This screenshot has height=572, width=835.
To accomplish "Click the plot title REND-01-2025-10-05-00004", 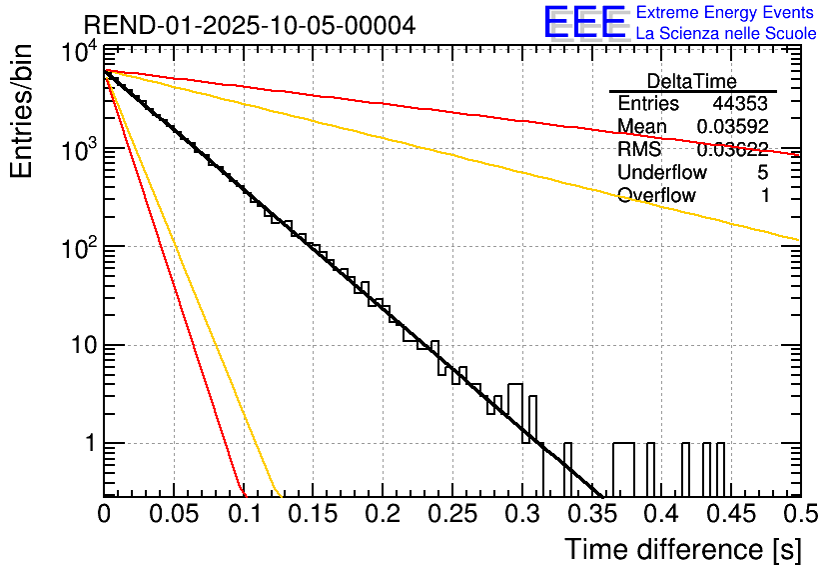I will tap(250, 25).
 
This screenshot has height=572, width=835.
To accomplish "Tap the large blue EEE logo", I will tap(584, 22).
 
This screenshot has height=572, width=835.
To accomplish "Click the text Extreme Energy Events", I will tap(725, 13).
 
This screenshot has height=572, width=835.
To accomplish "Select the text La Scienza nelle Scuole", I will tap(726, 33).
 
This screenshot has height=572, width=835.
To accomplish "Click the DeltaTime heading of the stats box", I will tap(692, 81).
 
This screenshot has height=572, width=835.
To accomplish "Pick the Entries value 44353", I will tap(740, 104).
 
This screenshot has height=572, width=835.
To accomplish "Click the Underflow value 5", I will tap(763, 173).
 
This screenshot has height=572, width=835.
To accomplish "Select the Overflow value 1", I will tap(764, 196).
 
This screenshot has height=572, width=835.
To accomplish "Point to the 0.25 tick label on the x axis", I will tap(451, 514).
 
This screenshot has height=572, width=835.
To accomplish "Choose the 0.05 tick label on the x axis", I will tap(174, 514).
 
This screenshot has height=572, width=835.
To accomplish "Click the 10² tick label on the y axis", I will tap(78, 245).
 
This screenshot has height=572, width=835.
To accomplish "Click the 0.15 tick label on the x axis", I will tap(313, 514).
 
